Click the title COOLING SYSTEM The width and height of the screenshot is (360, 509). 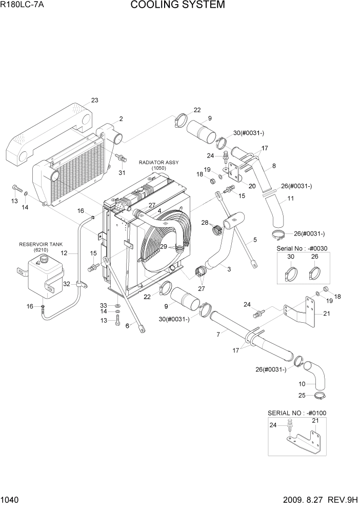pyautogui.click(x=177, y=5)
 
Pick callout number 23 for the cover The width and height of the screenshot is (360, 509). pyautogui.click(x=94, y=100)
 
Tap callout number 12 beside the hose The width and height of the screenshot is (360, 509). pyautogui.click(x=64, y=253)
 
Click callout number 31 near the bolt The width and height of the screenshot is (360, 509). pyautogui.click(x=122, y=172)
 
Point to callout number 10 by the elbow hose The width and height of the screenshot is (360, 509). pyautogui.click(x=302, y=383)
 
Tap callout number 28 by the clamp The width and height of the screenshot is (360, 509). pyautogui.click(x=205, y=223)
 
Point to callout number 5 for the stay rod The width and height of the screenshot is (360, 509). pyautogui.click(x=255, y=240)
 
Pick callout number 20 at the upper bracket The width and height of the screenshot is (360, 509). pyautogui.click(x=251, y=186)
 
